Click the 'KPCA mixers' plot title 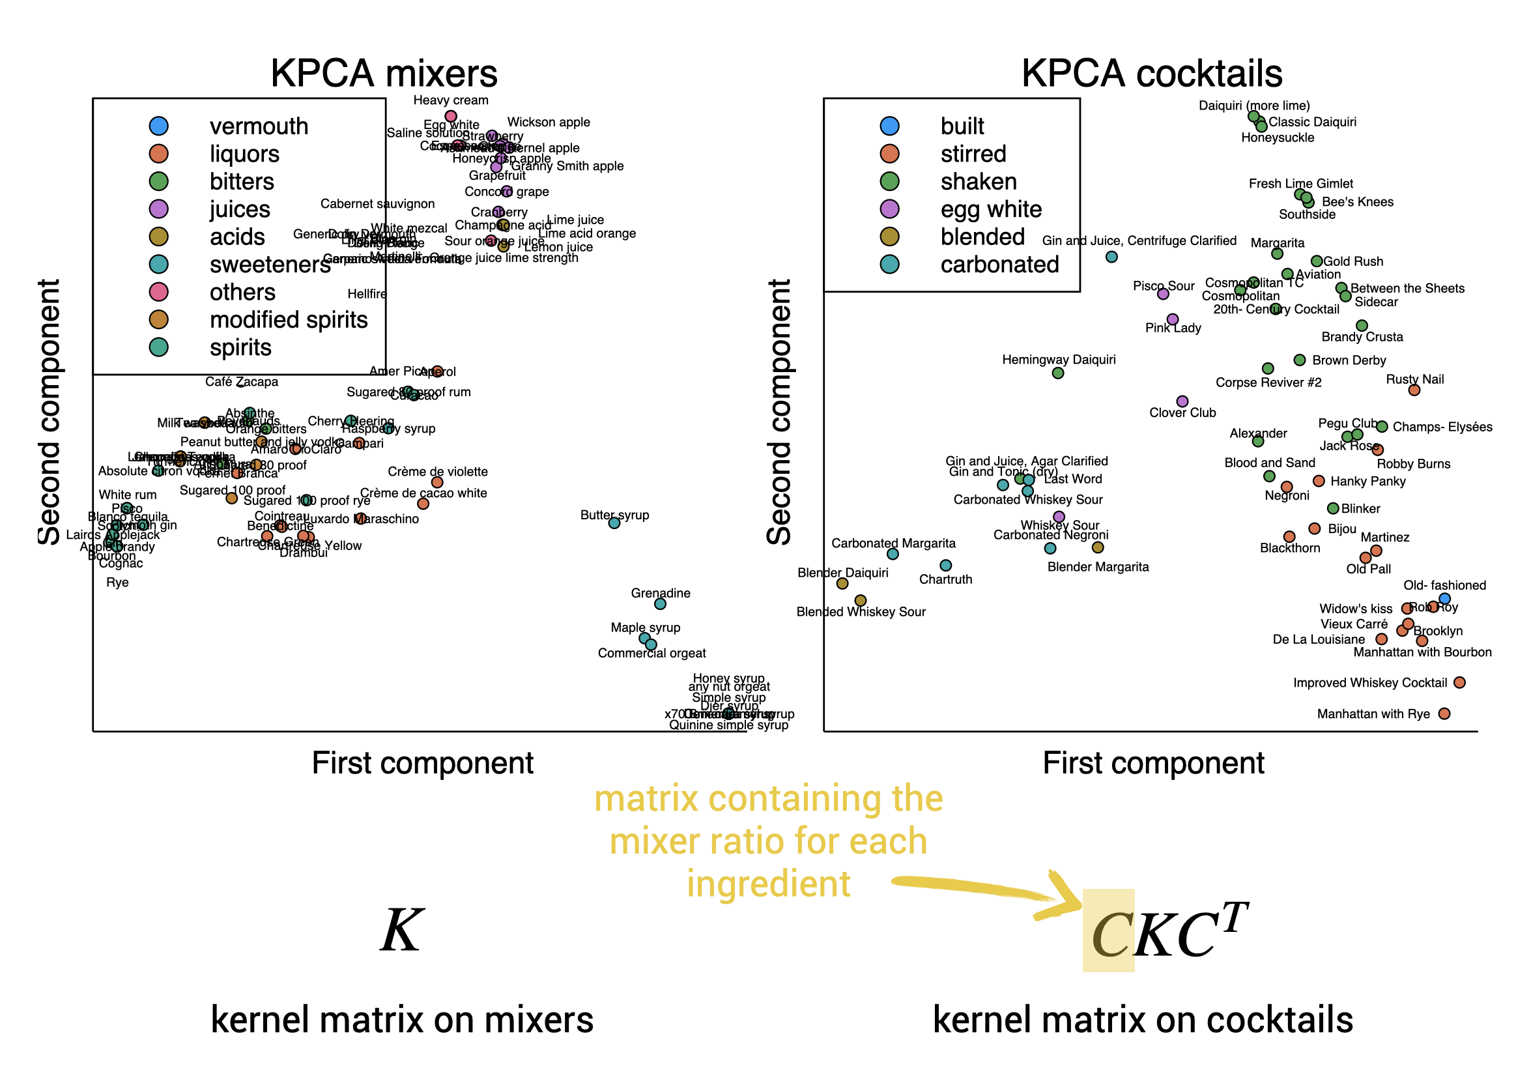pyautogui.click(x=384, y=74)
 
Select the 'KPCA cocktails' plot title pyautogui.click(x=1152, y=74)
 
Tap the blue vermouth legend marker pyautogui.click(x=159, y=126)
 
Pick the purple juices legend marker pyautogui.click(x=159, y=209)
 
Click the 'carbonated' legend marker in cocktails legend pyautogui.click(x=889, y=264)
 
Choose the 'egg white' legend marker pyautogui.click(x=889, y=209)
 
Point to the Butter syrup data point pyautogui.click(x=614, y=523)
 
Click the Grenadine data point pyautogui.click(x=660, y=603)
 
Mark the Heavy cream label pyautogui.click(x=450, y=100)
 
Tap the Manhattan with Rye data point pyautogui.click(x=1444, y=714)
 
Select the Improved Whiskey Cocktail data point pyautogui.click(x=1459, y=682)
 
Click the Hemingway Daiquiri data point pyautogui.click(x=1057, y=373)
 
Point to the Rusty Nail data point pyautogui.click(x=1414, y=390)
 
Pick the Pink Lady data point pyautogui.click(x=1172, y=319)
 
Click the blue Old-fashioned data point pyautogui.click(x=1444, y=598)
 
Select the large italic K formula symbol pyautogui.click(x=401, y=931)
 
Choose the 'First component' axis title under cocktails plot pyautogui.click(x=1153, y=762)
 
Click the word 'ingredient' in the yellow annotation pyautogui.click(x=768, y=884)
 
